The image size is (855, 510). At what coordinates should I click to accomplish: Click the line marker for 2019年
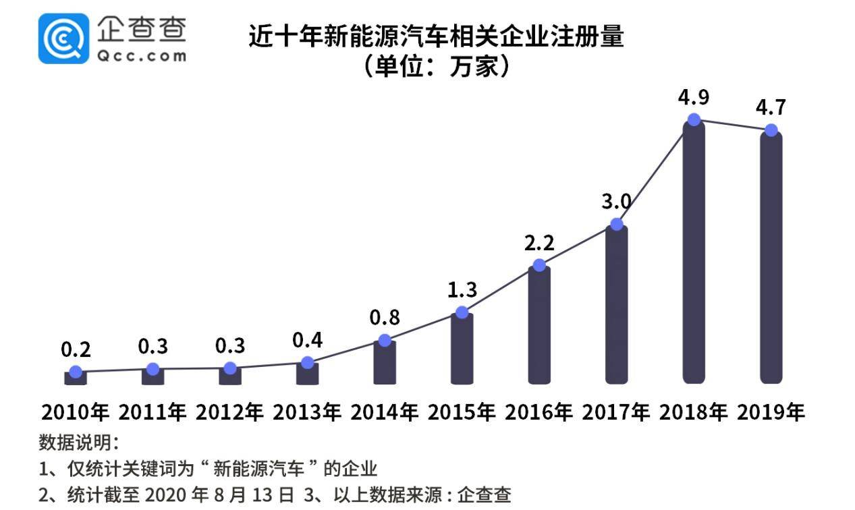(771, 130)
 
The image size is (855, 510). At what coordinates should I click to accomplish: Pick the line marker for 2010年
(76, 372)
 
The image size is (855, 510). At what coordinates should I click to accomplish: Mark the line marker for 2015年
(462, 312)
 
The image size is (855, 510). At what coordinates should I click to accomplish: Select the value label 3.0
(616, 201)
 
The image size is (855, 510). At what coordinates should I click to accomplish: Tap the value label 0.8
(385, 317)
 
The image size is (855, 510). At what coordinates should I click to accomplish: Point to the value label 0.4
(307, 340)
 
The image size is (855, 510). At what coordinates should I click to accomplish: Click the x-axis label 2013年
(307, 412)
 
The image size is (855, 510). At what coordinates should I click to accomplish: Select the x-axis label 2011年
(153, 412)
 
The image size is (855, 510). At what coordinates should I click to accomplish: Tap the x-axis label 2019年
(771, 412)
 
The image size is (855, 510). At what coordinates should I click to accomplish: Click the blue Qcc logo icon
(63, 38)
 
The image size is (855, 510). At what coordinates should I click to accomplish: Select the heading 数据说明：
(78, 443)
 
